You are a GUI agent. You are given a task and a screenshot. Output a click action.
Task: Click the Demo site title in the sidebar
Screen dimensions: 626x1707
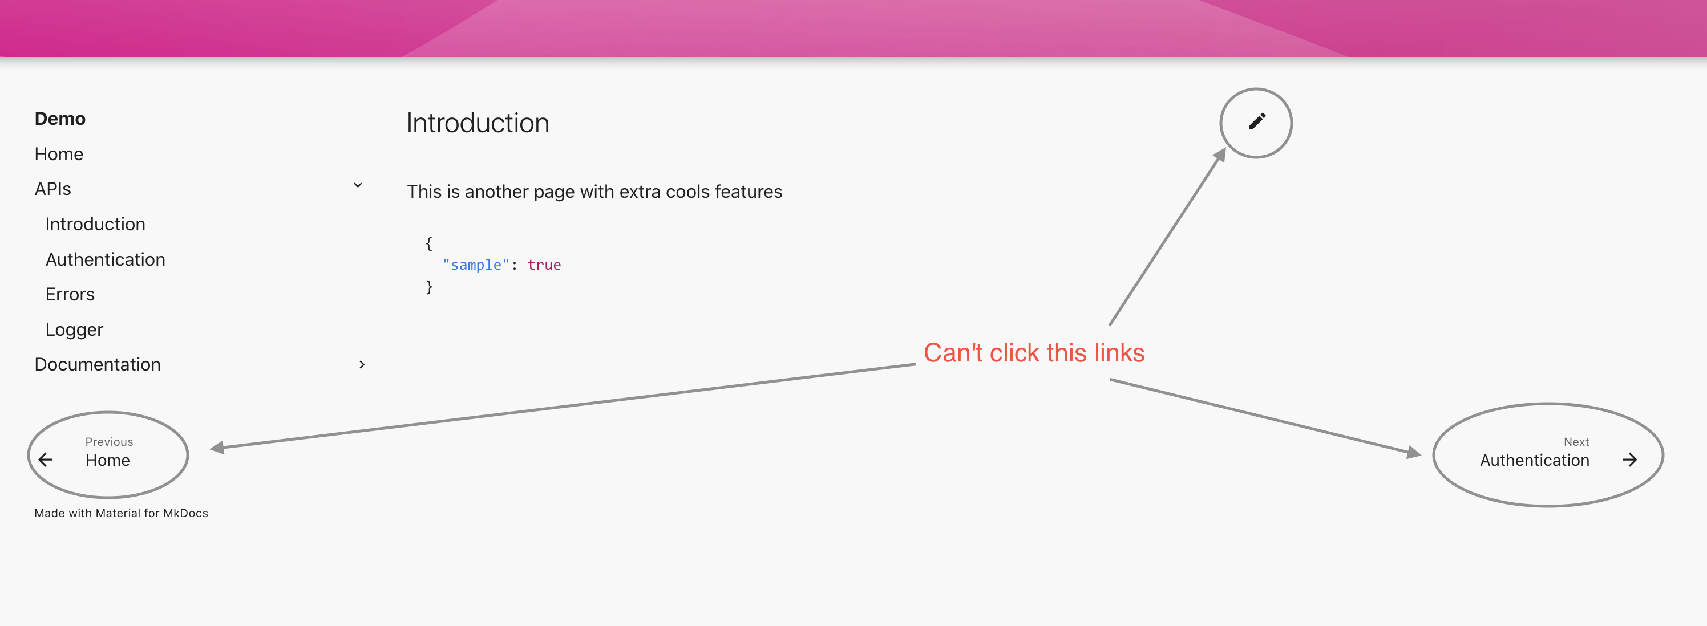(60, 119)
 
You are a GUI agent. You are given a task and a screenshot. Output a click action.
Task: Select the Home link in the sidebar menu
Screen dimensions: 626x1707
(58, 154)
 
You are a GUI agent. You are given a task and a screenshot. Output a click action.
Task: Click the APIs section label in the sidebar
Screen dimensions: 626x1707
(52, 189)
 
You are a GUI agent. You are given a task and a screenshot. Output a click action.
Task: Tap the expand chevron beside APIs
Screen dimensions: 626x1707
(358, 185)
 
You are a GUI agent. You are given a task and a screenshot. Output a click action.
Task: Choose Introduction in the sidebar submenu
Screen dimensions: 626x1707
(95, 224)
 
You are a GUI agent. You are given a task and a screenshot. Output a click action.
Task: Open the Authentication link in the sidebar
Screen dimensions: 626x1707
(105, 259)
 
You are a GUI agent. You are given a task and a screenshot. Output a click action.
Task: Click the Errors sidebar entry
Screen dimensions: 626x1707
(70, 294)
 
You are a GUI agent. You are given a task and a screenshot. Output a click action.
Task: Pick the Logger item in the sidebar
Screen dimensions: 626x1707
(74, 329)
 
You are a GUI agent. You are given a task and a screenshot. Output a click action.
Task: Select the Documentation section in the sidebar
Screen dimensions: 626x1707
(98, 364)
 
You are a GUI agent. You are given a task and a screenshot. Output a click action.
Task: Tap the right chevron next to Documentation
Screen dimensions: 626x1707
(362, 364)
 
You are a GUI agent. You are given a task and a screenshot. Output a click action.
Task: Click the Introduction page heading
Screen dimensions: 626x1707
(477, 123)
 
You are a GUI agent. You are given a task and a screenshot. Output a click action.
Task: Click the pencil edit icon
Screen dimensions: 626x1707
(1256, 122)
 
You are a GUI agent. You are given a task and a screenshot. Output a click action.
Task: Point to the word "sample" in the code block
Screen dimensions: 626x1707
(476, 265)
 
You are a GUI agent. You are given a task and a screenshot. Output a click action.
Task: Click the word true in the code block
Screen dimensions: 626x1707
(544, 265)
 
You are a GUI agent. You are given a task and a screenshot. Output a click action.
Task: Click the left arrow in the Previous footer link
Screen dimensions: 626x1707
(46, 460)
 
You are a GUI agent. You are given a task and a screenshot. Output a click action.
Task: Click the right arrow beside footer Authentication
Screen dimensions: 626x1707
(1629, 460)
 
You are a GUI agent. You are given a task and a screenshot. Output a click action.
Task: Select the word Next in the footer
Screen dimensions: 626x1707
(1576, 442)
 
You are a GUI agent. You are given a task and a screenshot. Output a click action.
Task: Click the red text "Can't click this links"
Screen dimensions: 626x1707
(1034, 353)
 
